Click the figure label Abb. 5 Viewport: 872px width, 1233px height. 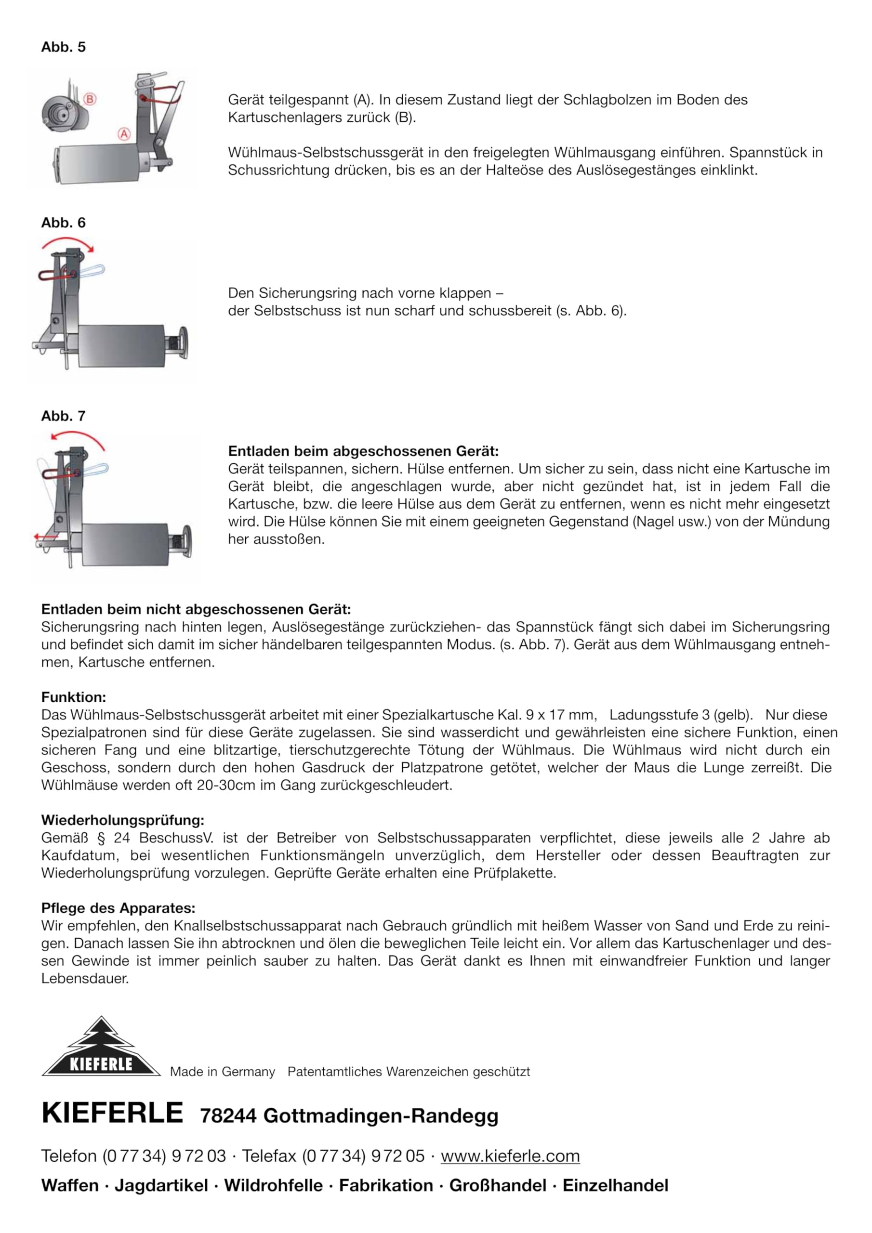point(64,47)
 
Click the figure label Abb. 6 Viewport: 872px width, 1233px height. point(64,223)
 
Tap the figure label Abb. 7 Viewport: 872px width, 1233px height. point(64,416)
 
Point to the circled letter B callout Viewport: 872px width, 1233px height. point(90,99)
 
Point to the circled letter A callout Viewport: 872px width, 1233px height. point(124,134)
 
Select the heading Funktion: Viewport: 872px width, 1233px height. point(74,697)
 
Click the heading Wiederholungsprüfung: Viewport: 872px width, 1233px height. point(122,820)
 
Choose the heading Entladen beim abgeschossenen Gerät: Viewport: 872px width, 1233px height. point(363,451)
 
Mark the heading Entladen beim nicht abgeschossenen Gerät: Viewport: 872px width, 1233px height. point(196,610)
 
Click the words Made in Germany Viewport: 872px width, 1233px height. point(223,1072)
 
